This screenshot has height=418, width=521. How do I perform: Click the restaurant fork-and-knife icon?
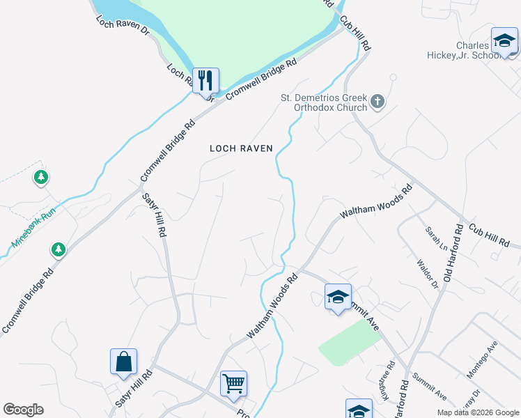click(x=205, y=80)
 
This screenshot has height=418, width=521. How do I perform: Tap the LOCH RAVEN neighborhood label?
click(x=241, y=148)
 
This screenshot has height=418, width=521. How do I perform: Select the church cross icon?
click(x=377, y=102)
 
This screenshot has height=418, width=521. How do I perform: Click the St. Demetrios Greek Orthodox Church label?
click(x=323, y=102)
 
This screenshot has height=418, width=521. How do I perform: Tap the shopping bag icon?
click(x=123, y=362)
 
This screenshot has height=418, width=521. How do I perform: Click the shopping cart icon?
click(x=233, y=383)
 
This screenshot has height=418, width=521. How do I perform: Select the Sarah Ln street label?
click(x=437, y=238)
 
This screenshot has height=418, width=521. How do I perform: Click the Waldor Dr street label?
click(x=426, y=274)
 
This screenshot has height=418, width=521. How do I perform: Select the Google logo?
click(x=23, y=410)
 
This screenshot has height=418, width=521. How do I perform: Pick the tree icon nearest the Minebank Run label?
click(x=58, y=249)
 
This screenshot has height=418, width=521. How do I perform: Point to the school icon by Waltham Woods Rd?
click(x=338, y=297)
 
